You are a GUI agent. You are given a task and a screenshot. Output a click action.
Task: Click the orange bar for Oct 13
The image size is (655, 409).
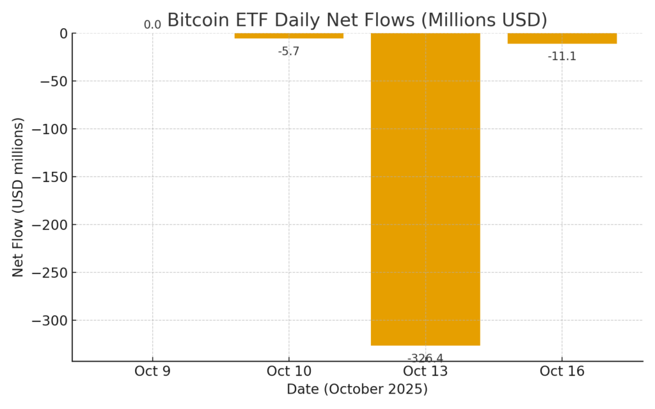click(425, 189)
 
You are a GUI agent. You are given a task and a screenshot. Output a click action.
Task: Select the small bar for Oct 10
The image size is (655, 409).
click(289, 36)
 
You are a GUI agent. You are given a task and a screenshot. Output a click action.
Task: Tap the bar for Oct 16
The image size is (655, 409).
click(562, 38)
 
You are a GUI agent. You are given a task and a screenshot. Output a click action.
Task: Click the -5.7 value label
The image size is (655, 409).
click(288, 52)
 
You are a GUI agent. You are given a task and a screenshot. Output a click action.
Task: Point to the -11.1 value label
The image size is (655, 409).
click(562, 56)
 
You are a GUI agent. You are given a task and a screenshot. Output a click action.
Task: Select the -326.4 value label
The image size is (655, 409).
click(425, 359)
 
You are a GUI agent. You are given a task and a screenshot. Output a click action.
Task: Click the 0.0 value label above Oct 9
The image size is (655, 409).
click(152, 25)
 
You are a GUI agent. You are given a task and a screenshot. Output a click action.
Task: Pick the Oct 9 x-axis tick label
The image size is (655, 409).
click(152, 371)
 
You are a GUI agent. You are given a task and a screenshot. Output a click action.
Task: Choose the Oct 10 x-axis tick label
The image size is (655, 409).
click(288, 371)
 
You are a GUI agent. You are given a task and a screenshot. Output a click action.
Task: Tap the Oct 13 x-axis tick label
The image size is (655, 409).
click(425, 371)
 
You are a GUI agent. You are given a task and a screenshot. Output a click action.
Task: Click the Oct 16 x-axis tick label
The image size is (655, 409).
click(562, 371)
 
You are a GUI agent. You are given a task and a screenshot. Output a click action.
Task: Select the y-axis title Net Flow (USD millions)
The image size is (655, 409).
click(18, 197)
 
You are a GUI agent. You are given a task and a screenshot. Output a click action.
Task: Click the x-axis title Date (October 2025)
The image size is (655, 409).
click(357, 389)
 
